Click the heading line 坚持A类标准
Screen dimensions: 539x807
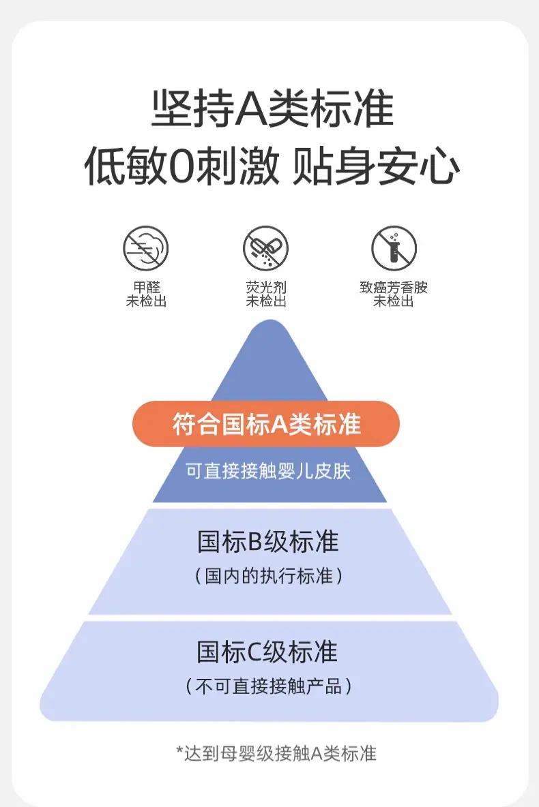click(x=273, y=108)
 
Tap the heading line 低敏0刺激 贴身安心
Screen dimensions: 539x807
click(x=272, y=166)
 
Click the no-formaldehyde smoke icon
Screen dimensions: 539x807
click(x=146, y=248)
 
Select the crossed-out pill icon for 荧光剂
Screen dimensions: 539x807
click(x=265, y=248)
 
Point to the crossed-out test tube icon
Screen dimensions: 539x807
click(x=394, y=248)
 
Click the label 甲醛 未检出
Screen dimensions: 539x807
click(x=146, y=294)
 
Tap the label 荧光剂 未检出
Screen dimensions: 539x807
click(x=266, y=294)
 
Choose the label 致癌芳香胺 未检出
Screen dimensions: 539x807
click(x=394, y=294)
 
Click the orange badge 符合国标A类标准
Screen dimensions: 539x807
click(x=266, y=424)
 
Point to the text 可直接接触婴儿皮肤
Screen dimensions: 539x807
click(x=268, y=471)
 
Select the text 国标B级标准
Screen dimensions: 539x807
click(x=268, y=541)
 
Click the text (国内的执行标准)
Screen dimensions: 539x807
click(x=268, y=575)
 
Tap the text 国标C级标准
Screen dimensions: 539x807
click(x=267, y=652)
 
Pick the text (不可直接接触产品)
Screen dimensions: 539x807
click(x=268, y=686)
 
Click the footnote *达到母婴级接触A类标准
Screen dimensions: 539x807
click(x=276, y=753)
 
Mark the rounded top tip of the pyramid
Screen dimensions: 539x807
click(x=269, y=321)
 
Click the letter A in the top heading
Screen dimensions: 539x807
click(x=251, y=109)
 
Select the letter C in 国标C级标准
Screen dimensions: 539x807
click(x=255, y=652)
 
